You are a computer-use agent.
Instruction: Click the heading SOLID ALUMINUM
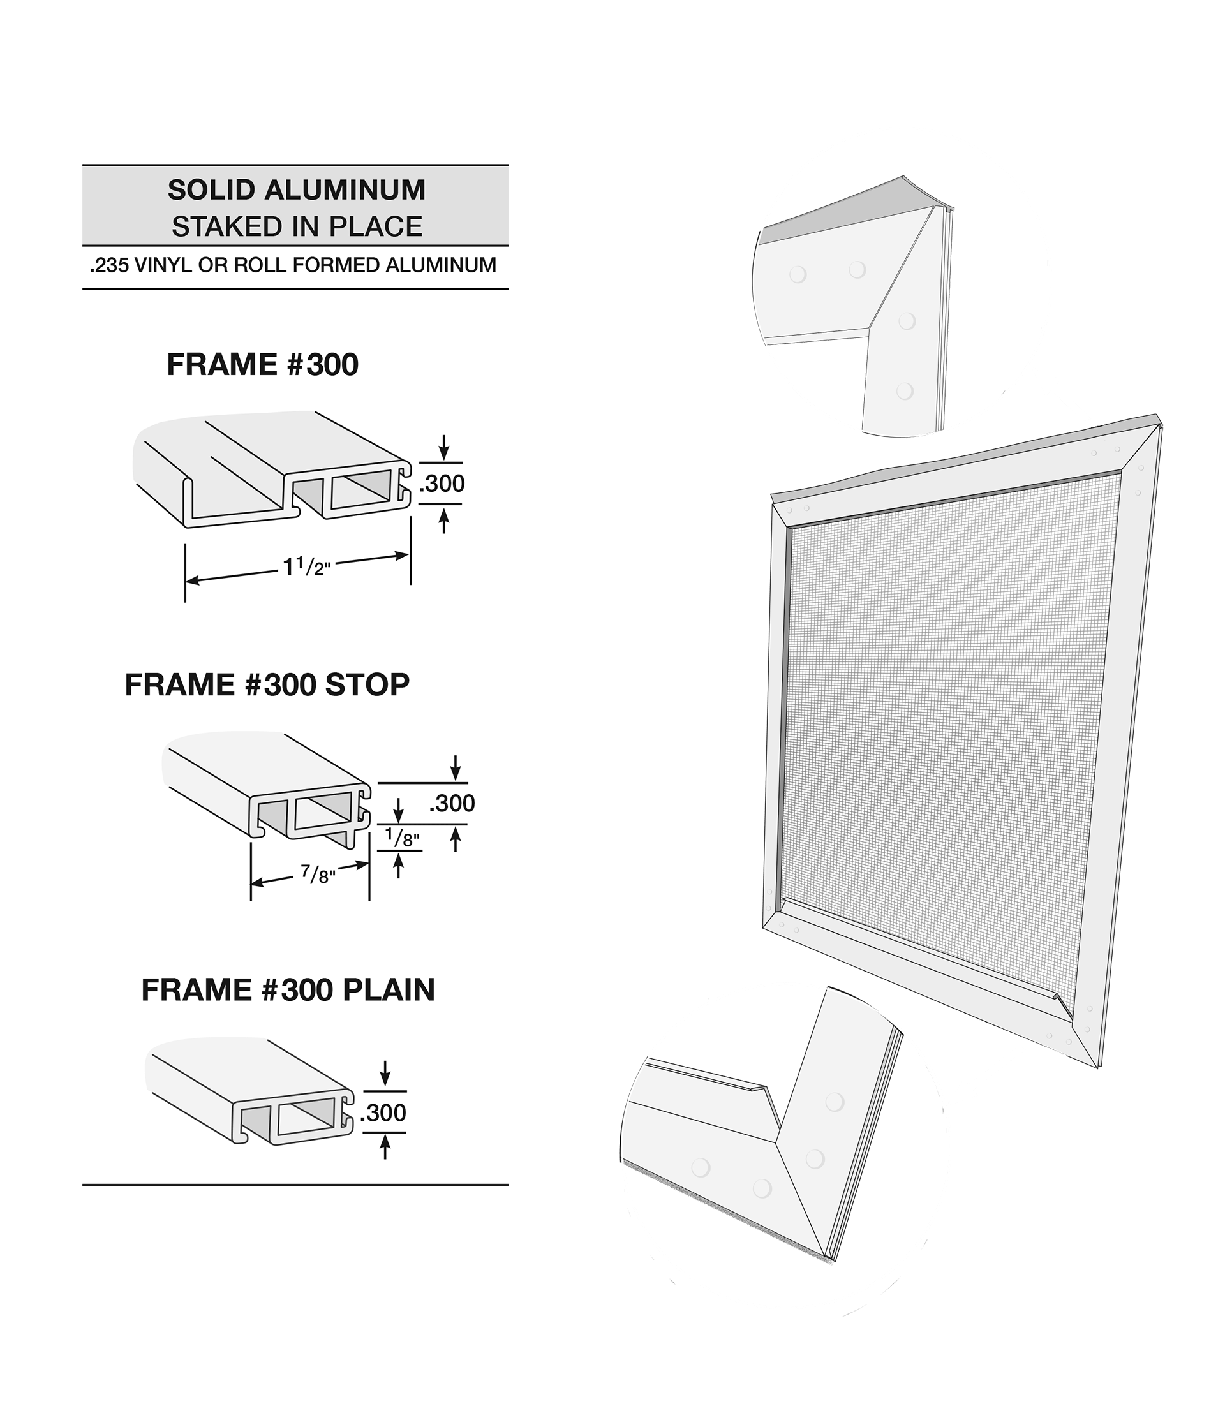[296, 191]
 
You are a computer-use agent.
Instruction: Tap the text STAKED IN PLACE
[297, 227]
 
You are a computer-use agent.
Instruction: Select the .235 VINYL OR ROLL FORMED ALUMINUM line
[293, 265]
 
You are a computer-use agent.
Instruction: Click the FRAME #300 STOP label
[267, 685]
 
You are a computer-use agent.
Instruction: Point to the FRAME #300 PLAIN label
[288, 990]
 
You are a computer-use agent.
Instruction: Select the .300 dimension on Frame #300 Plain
[383, 1112]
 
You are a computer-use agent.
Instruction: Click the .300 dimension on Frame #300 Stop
[452, 803]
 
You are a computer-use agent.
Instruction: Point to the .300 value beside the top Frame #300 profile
[442, 484]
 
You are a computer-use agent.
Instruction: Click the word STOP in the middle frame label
[367, 685]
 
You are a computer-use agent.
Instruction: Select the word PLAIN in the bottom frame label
[389, 990]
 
